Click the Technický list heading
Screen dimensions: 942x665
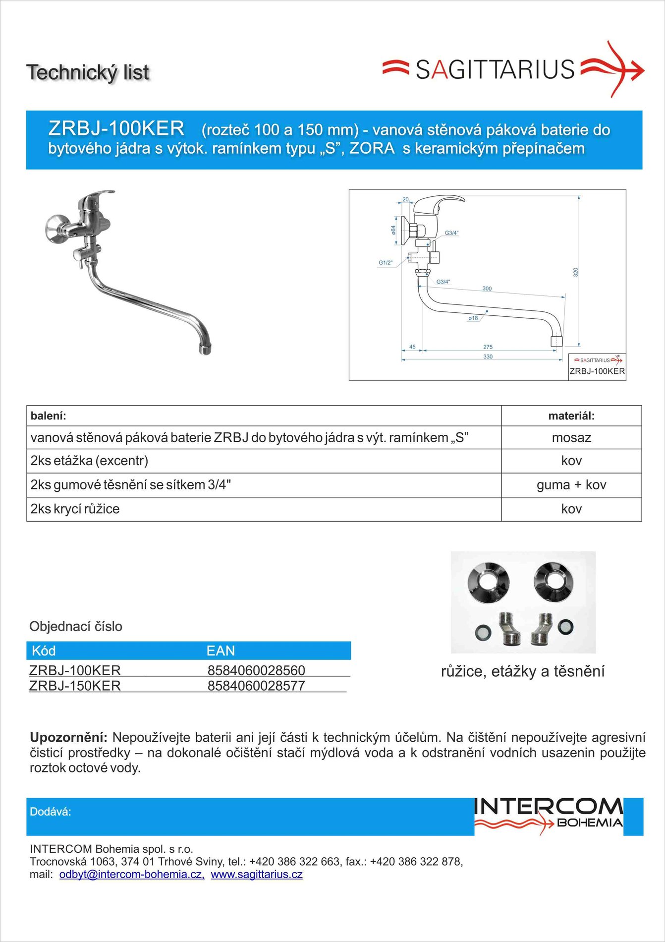click(x=88, y=72)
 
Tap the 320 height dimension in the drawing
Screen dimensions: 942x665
click(x=575, y=272)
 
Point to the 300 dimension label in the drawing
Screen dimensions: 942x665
click(x=487, y=289)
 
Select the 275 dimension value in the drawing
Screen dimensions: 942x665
click(x=488, y=347)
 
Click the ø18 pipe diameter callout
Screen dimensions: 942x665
click(x=473, y=318)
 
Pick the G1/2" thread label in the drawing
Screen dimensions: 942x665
click(x=386, y=263)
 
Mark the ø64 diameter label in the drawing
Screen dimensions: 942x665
click(x=393, y=230)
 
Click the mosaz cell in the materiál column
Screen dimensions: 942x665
click(x=571, y=438)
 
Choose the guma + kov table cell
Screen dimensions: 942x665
click(x=571, y=485)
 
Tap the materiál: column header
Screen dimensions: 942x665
click(x=571, y=416)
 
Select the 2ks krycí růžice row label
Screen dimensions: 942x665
click(x=75, y=509)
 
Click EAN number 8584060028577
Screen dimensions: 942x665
click(x=256, y=686)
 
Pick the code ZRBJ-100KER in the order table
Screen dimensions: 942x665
click(x=75, y=670)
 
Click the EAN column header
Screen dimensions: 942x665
click(x=221, y=650)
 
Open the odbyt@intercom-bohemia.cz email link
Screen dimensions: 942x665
click(x=132, y=875)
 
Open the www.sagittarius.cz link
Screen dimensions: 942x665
click(x=257, y=875)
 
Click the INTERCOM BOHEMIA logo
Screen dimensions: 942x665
click(x=549, y=816)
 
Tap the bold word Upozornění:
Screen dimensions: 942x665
click(x=68, y=737)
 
